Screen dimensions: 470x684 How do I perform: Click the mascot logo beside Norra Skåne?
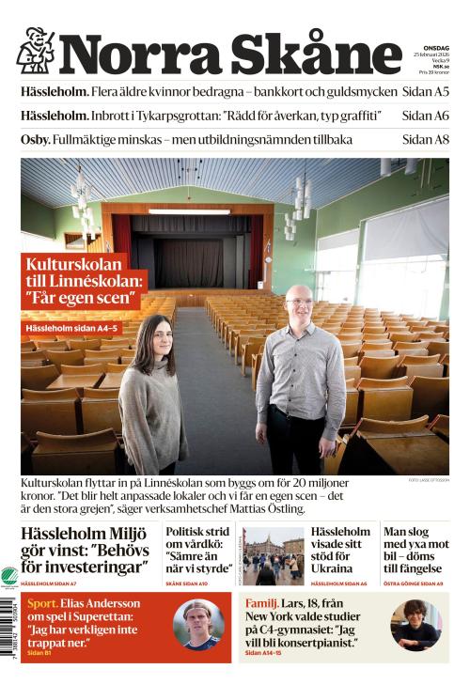click(36, 51)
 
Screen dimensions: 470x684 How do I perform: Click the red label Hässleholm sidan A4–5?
click(71, 328)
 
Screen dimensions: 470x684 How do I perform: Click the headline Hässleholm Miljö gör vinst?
click(86, 551)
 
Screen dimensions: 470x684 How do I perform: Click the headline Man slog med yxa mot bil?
click(415, 550)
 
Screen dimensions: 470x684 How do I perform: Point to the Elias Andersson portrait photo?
click(198, 624)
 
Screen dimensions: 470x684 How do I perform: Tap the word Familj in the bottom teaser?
click(261, 603)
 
